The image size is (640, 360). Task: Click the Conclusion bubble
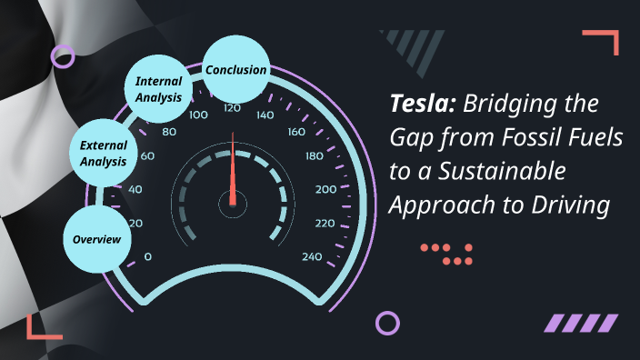pyautogui.click(x=235, y=70)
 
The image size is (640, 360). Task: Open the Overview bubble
pyautogui.click(x=97, y=238)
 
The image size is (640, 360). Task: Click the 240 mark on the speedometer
pyautogui.click(x=312, y=256)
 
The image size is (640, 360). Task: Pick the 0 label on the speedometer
pyautogui.click(x=148, y=256)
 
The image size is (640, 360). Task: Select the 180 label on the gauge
pyautogui.click(x=315, y=155)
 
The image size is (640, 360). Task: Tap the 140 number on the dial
pyautogui.click(x=265, y=115)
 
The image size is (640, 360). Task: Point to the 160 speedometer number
pyautogui.click(x=296, y=132)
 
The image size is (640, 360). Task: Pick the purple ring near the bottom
pyautogui.click(x=387, y=322)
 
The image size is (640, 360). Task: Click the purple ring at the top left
pyautogui.click(x=63, y=56)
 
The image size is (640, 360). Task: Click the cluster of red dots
pyautogui.click(x=448, y=254)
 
